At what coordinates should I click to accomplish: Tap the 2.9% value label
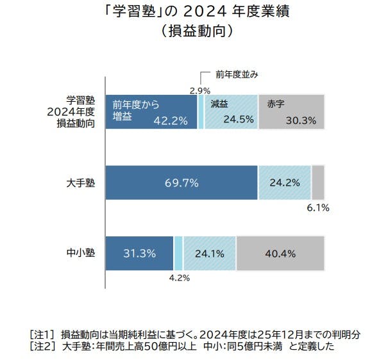click(x=200, y=90)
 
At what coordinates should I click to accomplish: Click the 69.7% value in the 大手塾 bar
click(x=182, y=183)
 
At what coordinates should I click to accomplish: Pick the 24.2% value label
click(x=284, y=183)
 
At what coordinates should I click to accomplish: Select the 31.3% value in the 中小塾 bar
click(x=139, y=253)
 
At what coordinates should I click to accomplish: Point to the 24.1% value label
click(x=209, y=253)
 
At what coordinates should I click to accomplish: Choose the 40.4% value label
click(x=280, y=253)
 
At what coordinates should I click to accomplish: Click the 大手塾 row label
click(x=82, y=183)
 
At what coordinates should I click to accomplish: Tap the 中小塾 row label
click(x=82, y=253)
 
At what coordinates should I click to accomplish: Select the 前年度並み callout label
click(x=237, y=75)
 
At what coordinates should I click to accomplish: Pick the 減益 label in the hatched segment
click(x=220, y=103)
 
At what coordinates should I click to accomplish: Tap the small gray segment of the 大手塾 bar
click(x=317, y=183)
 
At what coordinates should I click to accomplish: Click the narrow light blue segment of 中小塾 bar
click(x=178, y=253)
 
